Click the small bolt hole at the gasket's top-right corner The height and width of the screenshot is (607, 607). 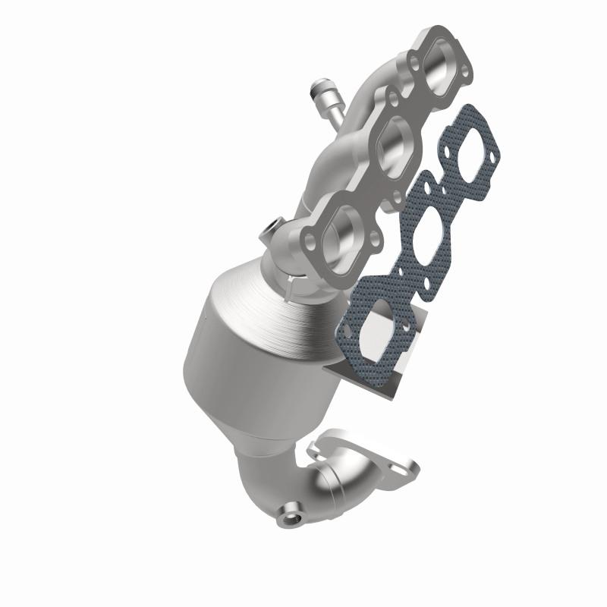(x=495, y=158)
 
